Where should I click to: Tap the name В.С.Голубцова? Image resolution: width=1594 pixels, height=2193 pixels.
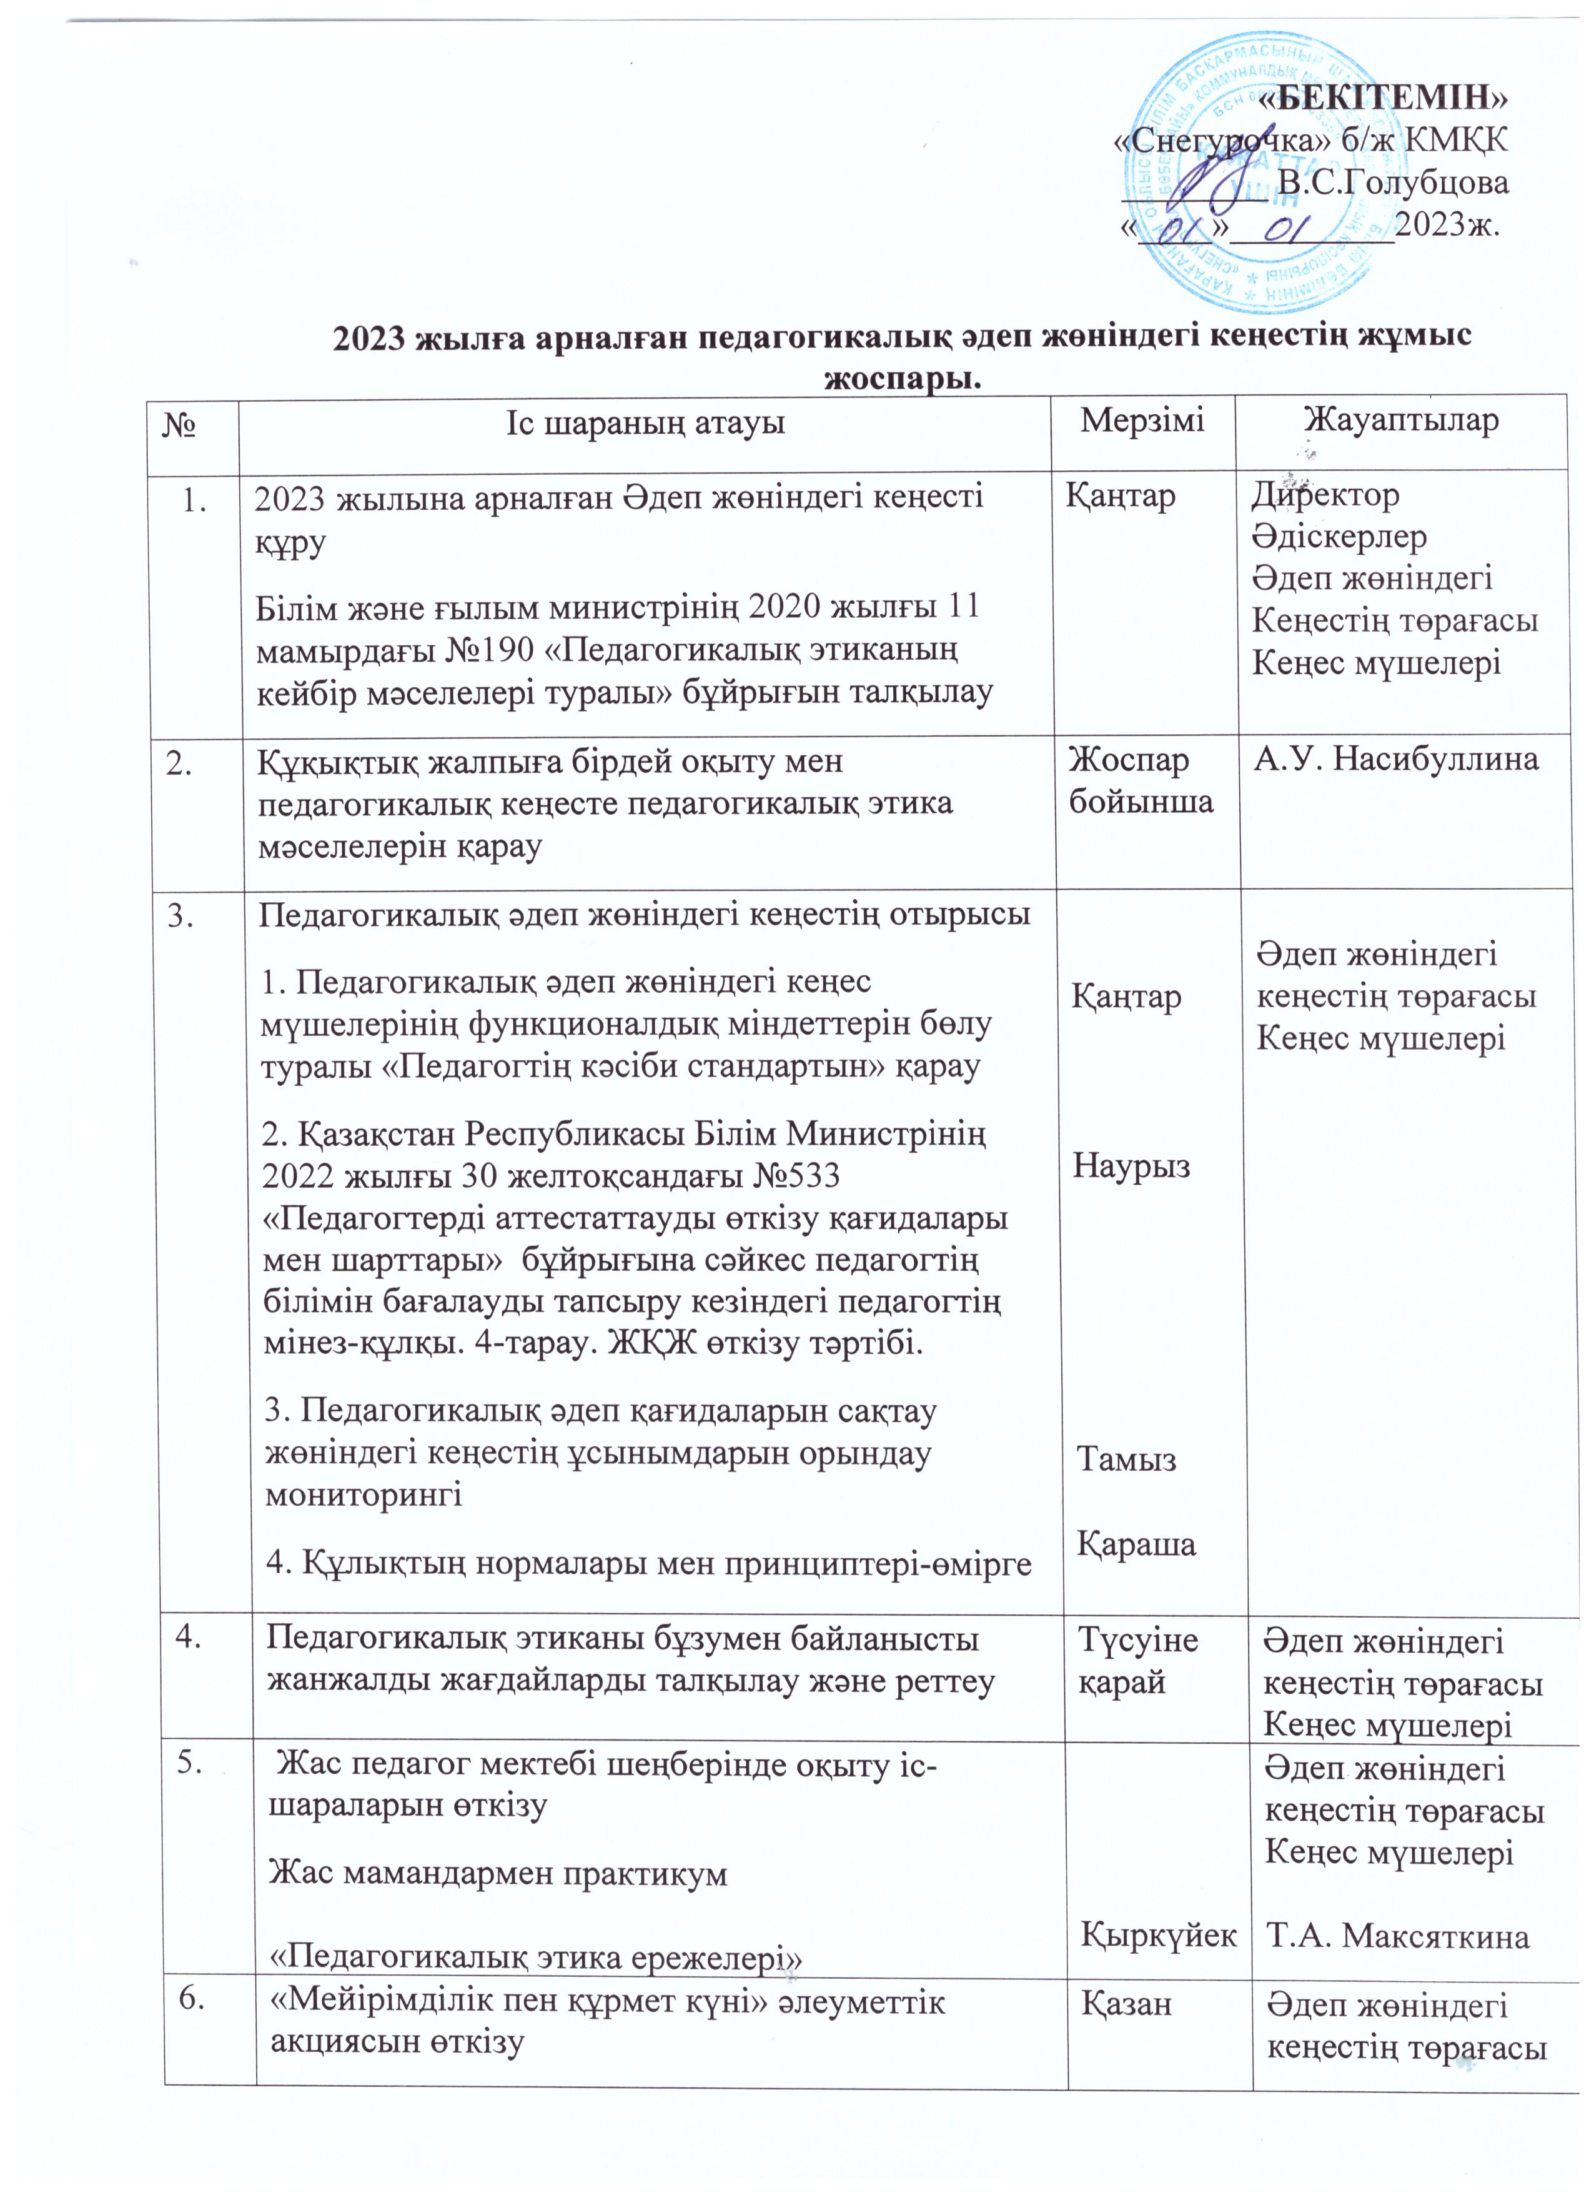pos(1392,182)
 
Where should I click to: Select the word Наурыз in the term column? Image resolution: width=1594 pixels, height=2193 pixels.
pos(1131,1165)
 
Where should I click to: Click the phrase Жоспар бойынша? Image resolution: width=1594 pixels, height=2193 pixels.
pos(1141,781)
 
